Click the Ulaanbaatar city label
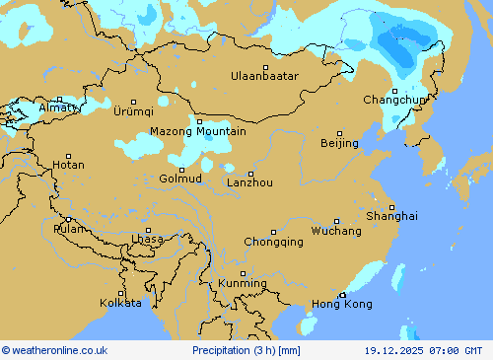click(264, 76)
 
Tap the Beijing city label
click(339, 144)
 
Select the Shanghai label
click(391, 216)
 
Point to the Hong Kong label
click(342, 305)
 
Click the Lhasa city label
click(147, 240)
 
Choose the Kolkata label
click(120, 303)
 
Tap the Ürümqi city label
click(134, 110)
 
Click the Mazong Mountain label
click(198, 131)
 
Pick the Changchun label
click(394, 100)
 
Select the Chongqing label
click(273, 242)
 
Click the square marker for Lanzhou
click(250, 174)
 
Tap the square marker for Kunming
click(243, 274)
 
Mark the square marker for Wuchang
click(336, 222)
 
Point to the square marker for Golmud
click(181, 170)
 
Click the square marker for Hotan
click(68, 156)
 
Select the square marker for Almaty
click(59, 99)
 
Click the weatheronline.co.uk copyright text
click(55, 350)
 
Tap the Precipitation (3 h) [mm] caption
click(246, 350)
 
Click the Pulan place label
click(69, 229)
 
